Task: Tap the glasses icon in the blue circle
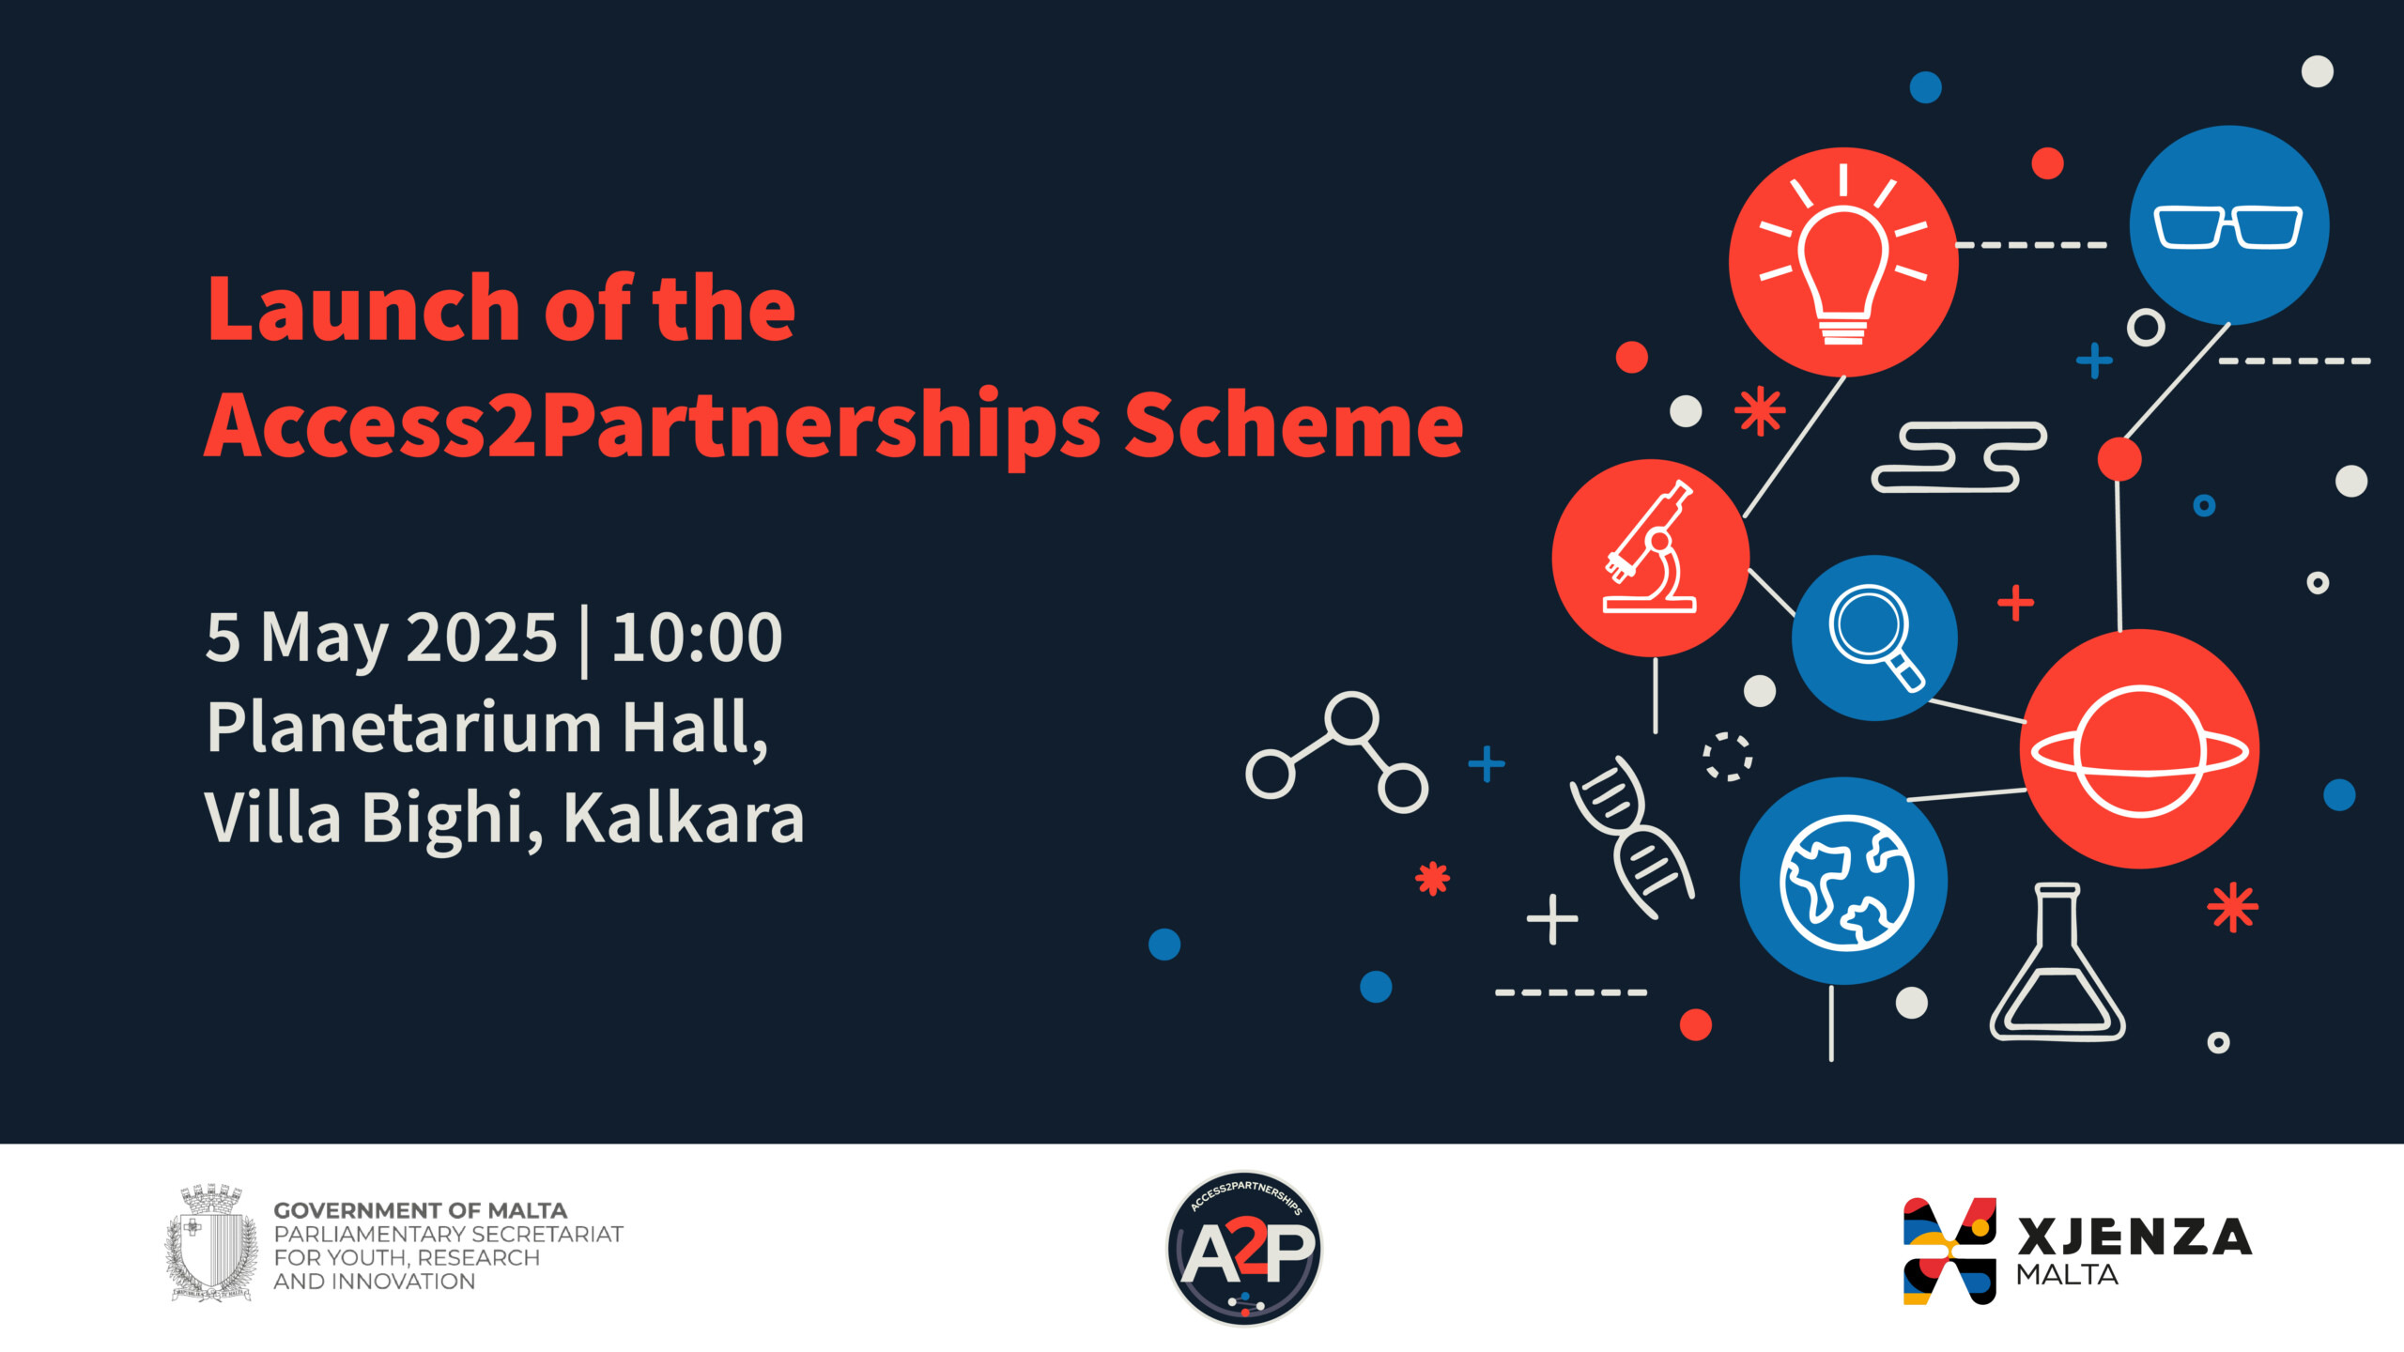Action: coord(2228,226)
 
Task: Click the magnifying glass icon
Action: coord(1875,638)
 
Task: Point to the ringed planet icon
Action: coord(2139,751)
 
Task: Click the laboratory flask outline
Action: coord(2057,961)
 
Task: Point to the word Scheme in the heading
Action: coord(1294,424)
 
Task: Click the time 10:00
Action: coord(697,638)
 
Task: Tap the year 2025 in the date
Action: coord(482,638)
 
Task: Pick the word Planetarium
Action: coord(404,728)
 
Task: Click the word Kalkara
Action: coord(684,818)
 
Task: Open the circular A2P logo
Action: coord(1244,1248)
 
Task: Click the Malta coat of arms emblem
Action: coord(212,1242)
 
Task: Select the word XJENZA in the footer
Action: coord(2134,1237)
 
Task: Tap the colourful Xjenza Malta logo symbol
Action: coord(1949,1251)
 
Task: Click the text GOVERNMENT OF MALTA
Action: coord(420,1210)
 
